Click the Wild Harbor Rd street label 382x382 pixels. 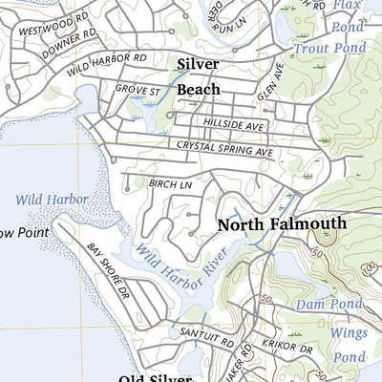[x=107, y=64]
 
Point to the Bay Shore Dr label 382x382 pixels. [x=108, y=273]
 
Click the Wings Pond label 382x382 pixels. [x=348, y=343]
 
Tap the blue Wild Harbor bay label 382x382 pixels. [x=53, y=200]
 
